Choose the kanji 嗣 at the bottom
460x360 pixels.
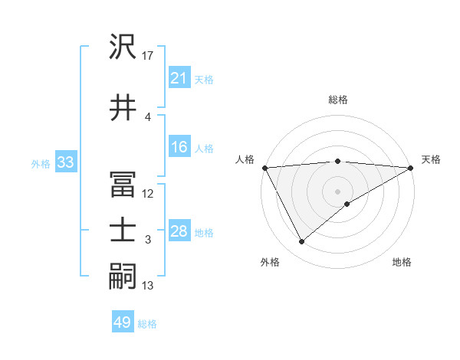pyautogui.click(x=123, y=277)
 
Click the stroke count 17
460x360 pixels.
pyautogui.click(x=148, y=56)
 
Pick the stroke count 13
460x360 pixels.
pyautogui.click(x=148, y=286)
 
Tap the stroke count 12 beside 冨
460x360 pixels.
pyautogui.click(x=148, y=194)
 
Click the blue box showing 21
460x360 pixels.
pyautogui.click(x=179, y=78)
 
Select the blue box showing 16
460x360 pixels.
pyautogui.click(x=179, y=148)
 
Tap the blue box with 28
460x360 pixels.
pyautogui.click(x=179, y=232)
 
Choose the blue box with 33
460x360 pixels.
pyautogui.click(x=64, y=162)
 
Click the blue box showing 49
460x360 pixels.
pyautogui.click(x=122, y=323)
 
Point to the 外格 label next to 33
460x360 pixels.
pyautogui.click(x=40, y=163)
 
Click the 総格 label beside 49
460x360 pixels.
pyautogui.click(x=147, y=324)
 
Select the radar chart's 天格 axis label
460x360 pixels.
pyautogui.click(x=431, y=159)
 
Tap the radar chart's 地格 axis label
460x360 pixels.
pyautogui.click(x=402, y=262)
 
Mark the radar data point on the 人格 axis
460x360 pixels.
pyautogui.click(x=264, y=168)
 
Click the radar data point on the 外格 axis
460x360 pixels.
pyautogui.click(x=301, y=242)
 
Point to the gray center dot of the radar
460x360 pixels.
pyautogui.click(x=337, y=191)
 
